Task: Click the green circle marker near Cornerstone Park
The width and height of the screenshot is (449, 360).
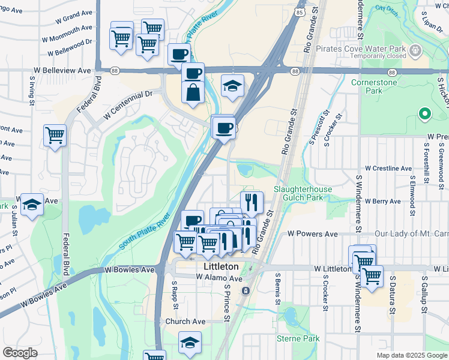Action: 424,113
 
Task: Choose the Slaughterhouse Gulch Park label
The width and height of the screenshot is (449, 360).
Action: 303,193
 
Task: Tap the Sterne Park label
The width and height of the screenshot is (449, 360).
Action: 298,339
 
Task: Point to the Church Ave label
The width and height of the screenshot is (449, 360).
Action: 185,322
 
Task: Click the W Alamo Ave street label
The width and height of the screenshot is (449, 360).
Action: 219,278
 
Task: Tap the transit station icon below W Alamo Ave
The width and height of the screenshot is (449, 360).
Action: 246,290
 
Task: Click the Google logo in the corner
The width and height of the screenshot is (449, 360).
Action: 20,352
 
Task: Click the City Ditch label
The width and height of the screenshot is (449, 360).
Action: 387,9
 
